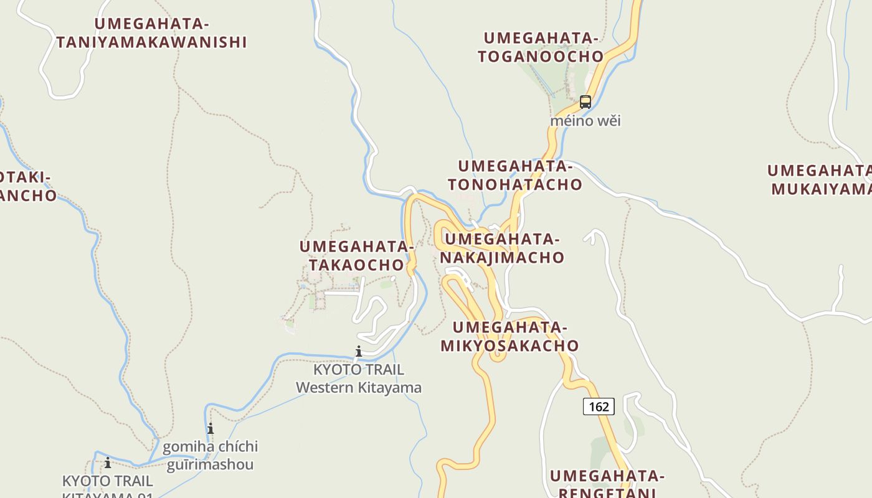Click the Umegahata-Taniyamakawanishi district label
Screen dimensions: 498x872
pyautogui.click(x=151, y=33)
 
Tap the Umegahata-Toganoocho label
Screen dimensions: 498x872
pyautogui.click(x=541, y=47)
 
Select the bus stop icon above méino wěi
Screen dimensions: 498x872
pyautogui.click(x=585, y=102)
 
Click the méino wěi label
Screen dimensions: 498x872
pyautogui.click(x=585, y=121)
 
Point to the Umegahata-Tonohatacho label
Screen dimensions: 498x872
pyautogui.click(x=514, y=176)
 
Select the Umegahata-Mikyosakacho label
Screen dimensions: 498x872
pyautogui.click(x=509, y=336)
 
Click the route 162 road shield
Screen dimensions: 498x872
pyautogui.click(x=599, y=406)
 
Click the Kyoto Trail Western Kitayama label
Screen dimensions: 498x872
pyautogui.click(x=358, y=378)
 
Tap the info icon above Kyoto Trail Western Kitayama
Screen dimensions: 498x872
pyautogui.click(x=358, y=352)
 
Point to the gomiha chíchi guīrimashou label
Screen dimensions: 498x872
pyautogui.click(x=210, y=456)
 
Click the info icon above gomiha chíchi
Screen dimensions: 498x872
pyautogui.click(x=211, y=429)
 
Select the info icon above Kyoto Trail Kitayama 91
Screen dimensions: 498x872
pyautogui.click(x=108, y=463)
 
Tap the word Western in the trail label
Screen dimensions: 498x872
pyautogui.click(x=325, y=388)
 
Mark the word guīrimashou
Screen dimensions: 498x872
pyautogui.click(x=210, y=465)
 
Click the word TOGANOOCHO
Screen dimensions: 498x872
pyautogui.click(x=541, y=57)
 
